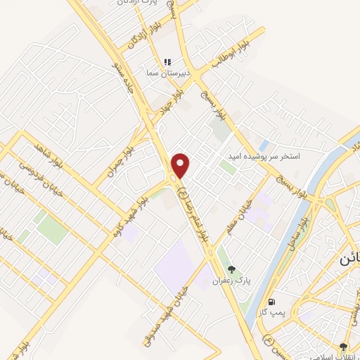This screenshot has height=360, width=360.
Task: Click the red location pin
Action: tap(181, 165)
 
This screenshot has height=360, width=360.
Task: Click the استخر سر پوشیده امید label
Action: tap(263, 156)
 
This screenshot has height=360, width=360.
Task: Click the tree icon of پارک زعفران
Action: tap(231, 269)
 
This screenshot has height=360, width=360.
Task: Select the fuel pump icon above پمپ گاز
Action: tap(271, 302)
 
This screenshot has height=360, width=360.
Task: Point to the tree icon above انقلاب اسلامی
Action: tap(343, 347)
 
